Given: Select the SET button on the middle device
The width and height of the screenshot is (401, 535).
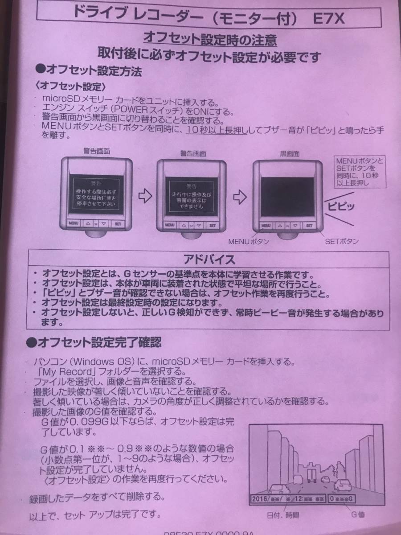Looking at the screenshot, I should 213,225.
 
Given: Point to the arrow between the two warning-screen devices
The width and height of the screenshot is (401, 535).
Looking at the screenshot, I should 143,194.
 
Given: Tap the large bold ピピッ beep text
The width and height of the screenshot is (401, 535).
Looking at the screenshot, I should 341,206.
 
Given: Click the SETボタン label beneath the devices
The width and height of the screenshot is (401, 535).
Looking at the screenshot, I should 342,242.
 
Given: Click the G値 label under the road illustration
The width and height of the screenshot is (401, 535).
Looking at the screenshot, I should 358,514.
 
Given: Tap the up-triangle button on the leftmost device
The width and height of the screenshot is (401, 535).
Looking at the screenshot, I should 88,225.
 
